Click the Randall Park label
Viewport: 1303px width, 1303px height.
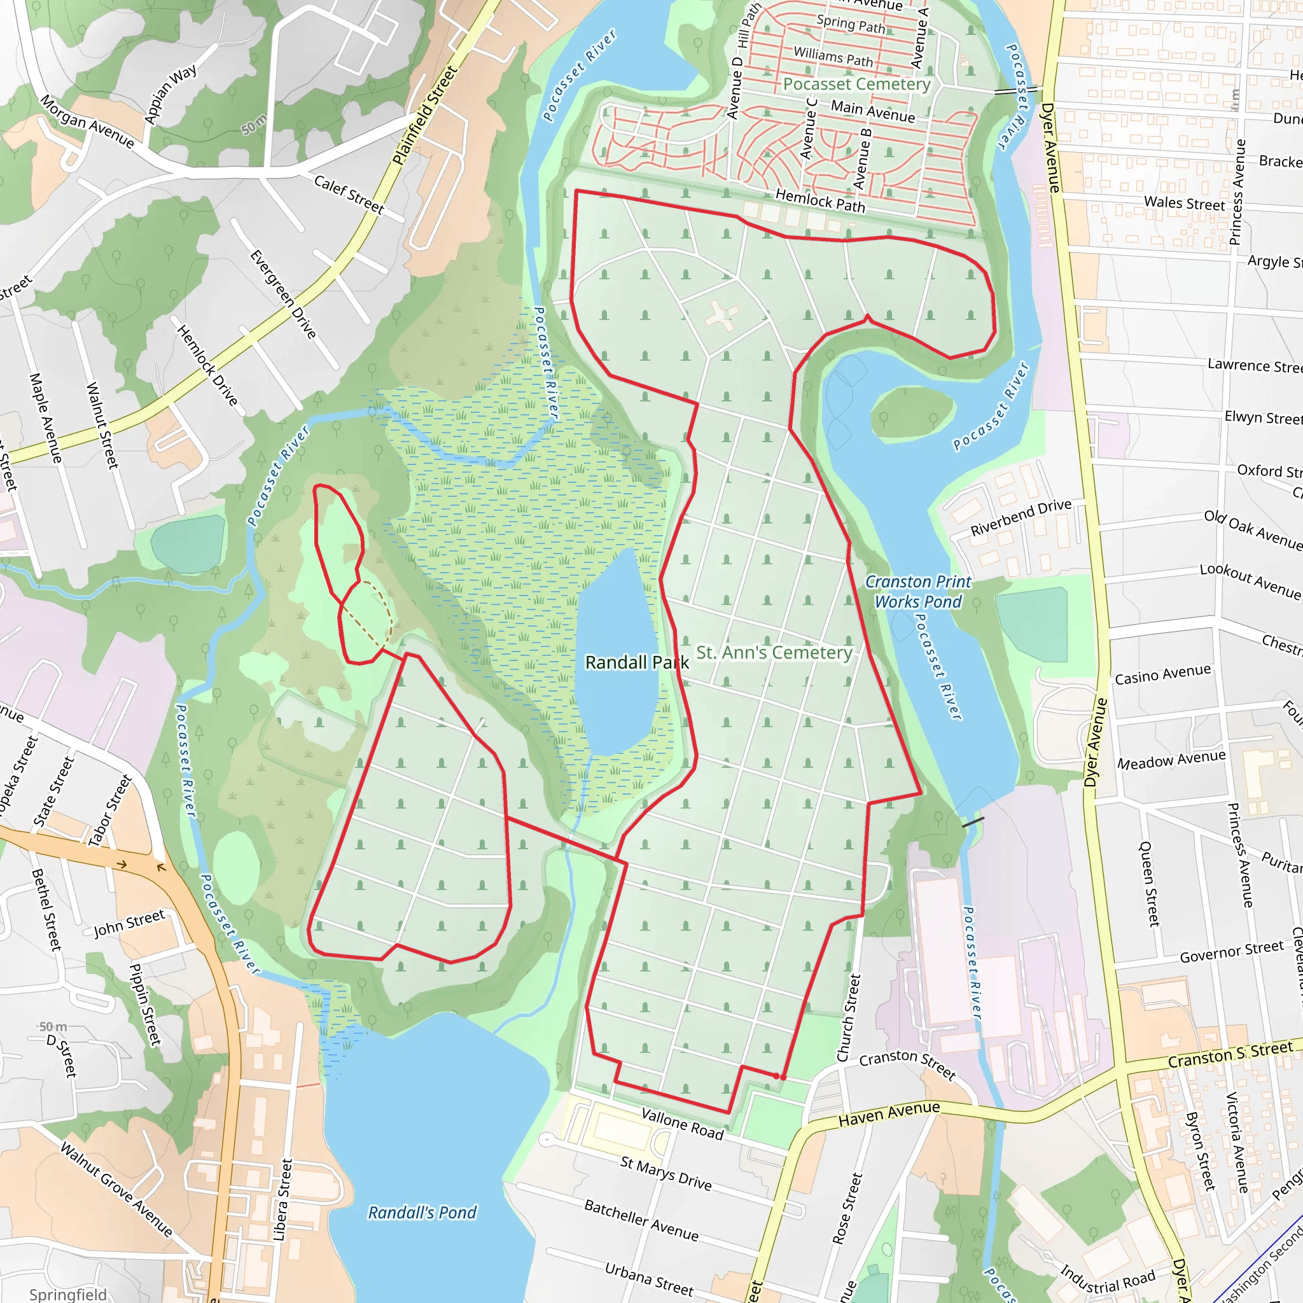[637, 662]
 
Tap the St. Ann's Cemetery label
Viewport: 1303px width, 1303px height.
[774, 652]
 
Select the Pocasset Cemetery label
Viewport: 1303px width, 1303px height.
[856, 85]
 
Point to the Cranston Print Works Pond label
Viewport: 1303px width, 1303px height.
[918, 592]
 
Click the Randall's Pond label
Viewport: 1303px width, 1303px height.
[422, 1213]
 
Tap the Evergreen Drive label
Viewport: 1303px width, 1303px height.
[283, 294]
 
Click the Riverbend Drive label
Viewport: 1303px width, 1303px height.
[1021, 517]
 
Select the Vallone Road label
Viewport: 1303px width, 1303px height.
[683, 1124]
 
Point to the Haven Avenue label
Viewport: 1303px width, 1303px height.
[889, 1113]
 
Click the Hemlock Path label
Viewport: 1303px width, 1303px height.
[820, 200]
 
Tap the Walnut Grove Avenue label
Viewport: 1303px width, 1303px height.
[116, 1189]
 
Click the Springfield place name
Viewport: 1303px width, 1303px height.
[67, 1294]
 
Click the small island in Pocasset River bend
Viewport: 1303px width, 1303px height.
[912, 411]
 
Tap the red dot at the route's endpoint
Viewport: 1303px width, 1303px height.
[783, 1077]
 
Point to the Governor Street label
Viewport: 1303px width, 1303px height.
[1232, 952]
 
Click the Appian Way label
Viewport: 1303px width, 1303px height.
[171, 94]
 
